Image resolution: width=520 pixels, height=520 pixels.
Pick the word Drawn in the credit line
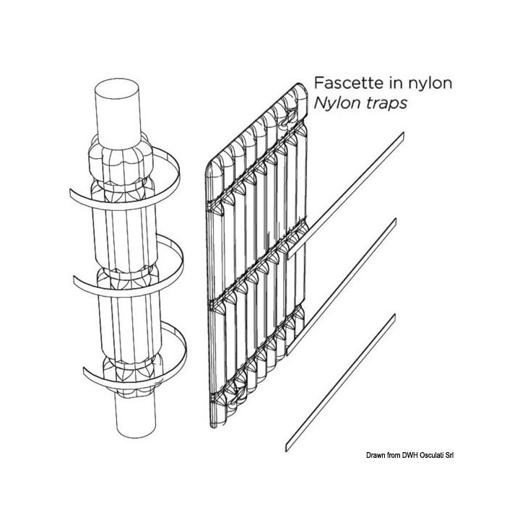coord(375,456)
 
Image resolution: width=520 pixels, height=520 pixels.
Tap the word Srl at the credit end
coord(450,456)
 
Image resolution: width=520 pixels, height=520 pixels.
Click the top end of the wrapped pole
coord(117,89)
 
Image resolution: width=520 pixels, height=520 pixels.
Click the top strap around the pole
coord(125,179)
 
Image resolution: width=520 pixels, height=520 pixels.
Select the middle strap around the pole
coord(128,265)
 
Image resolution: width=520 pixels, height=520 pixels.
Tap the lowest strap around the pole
coord(134,355)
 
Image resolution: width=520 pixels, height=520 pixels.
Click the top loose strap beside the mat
coord(345,196)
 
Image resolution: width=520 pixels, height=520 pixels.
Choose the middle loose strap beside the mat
coord(341,287)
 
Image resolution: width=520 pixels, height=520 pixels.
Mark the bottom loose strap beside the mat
coord(341,383)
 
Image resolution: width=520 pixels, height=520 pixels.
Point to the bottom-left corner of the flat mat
coord(212,426)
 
